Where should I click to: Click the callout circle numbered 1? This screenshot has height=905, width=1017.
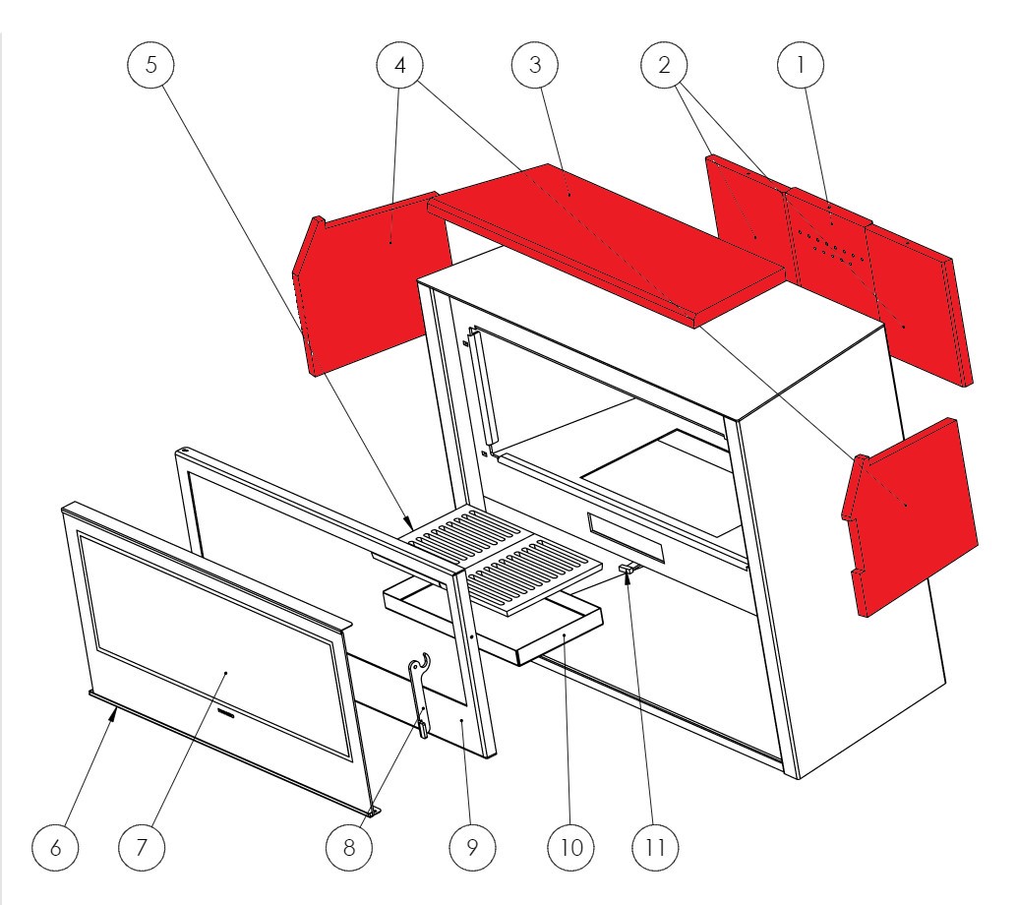click(x=801, y=65)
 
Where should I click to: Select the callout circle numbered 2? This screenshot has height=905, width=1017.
click(x=664, y=65)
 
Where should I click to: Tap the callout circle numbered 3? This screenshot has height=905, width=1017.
click(x=535, y=65)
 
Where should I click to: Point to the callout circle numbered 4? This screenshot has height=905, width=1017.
click(x=400, y=65)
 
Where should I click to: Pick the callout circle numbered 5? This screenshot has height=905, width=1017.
click(x=151, y=65)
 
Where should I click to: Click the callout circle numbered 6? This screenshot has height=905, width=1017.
click(x=55, y=847)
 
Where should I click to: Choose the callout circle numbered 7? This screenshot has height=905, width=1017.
click(x=142, y=847)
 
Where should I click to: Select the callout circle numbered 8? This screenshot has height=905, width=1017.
click(x=349, y=847)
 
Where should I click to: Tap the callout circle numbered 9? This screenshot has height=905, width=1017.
click(x=472, y=847)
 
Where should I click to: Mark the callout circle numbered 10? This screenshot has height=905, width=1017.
click(x=570, y=847)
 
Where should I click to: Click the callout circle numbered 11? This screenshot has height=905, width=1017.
click(x=655, y=847)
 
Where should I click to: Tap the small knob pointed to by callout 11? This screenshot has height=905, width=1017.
click(x=627, y=570)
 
